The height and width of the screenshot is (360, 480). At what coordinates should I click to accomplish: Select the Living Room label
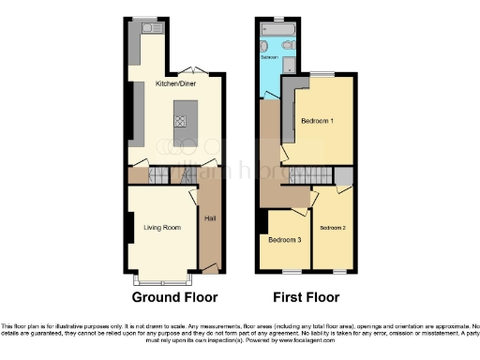(x=162, y=226)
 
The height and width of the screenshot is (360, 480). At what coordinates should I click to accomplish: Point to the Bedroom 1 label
(x=318, y=121)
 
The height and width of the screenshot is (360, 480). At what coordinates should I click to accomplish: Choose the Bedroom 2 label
(x=332, y=227)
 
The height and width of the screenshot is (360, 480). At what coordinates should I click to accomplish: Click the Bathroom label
(x=269, y=56)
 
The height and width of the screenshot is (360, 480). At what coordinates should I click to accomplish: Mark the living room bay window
(x=162, y=278)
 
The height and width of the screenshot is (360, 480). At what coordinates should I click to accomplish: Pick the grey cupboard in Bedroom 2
(x=344, y=177)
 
